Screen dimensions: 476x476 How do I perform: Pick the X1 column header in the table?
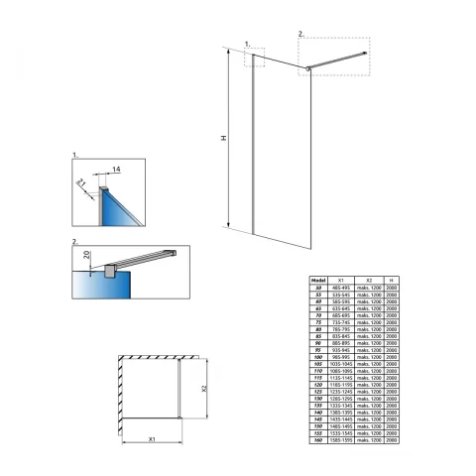point(341,281)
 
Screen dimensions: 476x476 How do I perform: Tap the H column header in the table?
point(393,281)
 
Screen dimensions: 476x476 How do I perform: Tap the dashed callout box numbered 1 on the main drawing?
point(257,56)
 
